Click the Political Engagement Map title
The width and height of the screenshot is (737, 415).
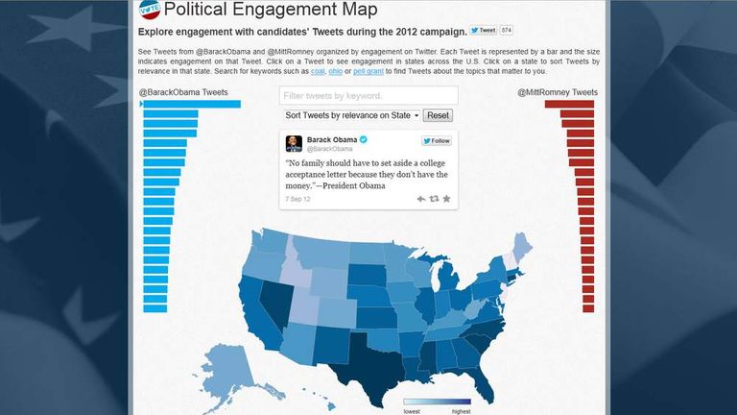270,11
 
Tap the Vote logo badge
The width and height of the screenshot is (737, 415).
149,11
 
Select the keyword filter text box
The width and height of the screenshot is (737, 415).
368,96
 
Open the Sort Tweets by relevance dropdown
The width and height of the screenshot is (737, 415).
352,115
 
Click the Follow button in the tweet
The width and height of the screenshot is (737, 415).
437,141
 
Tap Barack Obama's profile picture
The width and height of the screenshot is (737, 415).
294,143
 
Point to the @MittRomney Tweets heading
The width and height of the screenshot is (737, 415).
557,92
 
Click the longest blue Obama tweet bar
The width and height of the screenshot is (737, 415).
191,104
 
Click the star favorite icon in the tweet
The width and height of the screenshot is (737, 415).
446,199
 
